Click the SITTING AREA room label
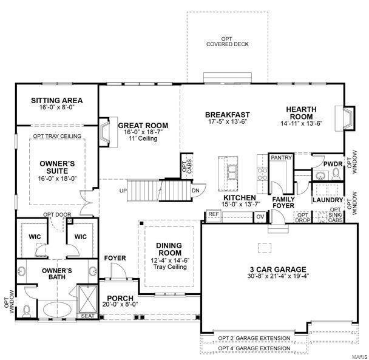point(56,101)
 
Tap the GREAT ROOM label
point(143,126)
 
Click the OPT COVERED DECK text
point(227,41)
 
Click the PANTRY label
point(282,158)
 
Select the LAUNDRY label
point(328,199)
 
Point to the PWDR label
point(333,164)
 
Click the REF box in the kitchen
point(214,214)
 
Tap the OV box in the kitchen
point(260,216)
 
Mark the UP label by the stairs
point(123,191)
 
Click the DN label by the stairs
point(195,190)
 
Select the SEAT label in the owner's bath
point(87,316)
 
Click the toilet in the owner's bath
point(25,311)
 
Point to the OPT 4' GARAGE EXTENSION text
point(254,348)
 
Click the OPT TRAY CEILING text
point(57,136)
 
